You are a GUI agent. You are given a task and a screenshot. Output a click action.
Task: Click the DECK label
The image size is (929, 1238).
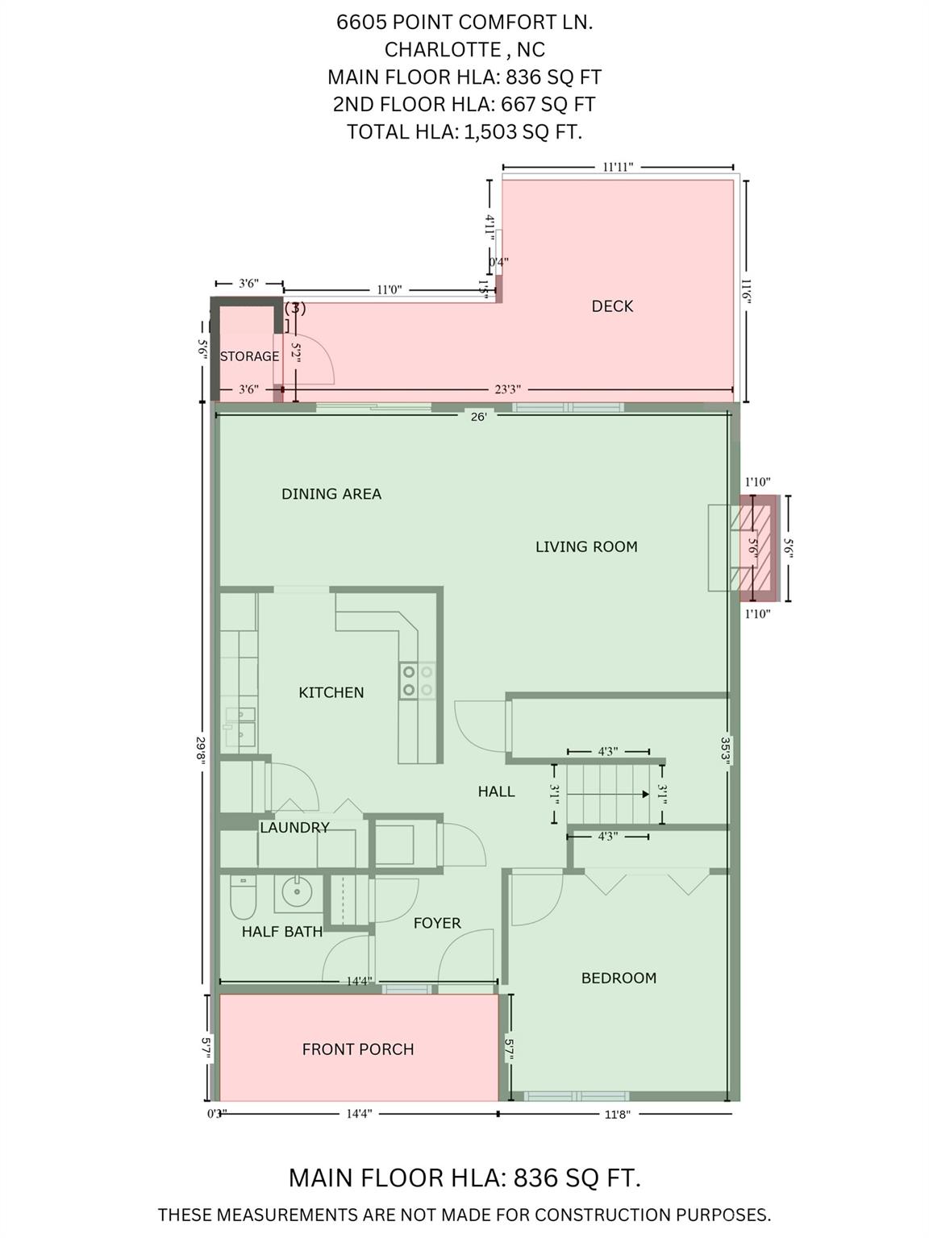612,306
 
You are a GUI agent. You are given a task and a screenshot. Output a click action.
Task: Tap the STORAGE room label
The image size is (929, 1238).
249,356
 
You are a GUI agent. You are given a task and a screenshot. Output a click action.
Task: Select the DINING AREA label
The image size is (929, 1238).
331,494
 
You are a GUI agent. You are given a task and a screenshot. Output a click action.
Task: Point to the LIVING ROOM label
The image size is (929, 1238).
586,546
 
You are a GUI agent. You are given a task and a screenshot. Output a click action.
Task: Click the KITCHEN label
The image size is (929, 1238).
331,692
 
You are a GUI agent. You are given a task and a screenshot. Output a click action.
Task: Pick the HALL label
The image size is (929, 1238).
497,791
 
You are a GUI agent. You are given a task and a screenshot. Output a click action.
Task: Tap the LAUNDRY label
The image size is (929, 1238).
294,827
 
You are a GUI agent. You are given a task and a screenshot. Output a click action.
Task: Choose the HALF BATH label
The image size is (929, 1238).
282,931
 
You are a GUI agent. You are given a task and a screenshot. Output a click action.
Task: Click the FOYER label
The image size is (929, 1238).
437,923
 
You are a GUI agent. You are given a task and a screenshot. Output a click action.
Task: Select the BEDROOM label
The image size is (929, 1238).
619,978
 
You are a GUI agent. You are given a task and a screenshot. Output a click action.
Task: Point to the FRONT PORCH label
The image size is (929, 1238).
358,1049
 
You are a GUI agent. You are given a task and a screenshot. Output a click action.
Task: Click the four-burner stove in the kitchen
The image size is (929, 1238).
418,681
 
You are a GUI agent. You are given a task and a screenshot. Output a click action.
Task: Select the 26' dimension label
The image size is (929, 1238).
478,417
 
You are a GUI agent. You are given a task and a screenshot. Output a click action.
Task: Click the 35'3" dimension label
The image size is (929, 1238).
725,750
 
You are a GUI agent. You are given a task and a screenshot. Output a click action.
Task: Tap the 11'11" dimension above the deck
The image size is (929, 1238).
618,167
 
